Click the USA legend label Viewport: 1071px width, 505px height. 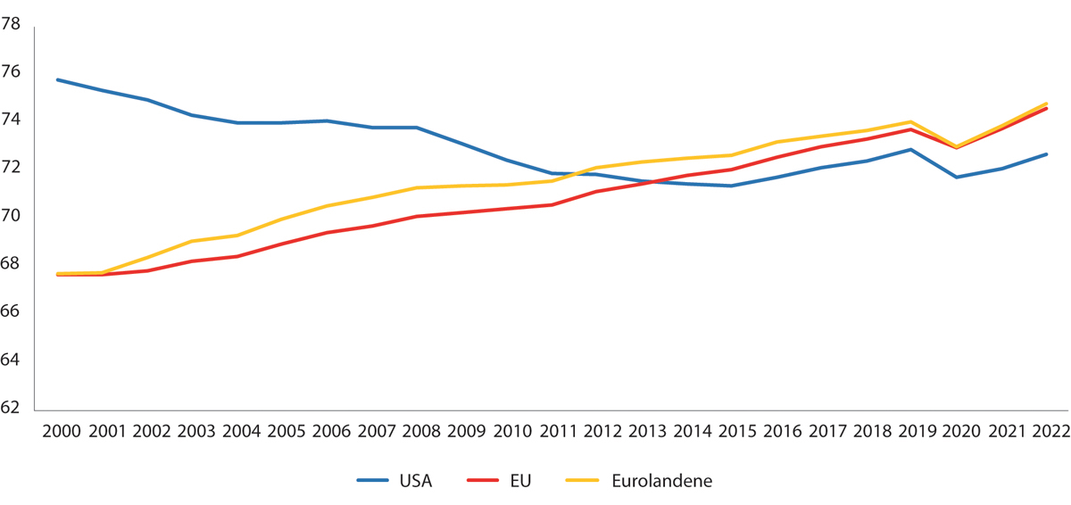(415, 481)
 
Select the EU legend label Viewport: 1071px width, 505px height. (519, 481)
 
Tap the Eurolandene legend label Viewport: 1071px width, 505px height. (662, 481)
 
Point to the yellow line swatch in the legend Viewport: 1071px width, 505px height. (584, 481)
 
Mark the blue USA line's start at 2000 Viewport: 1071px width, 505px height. (58, 79)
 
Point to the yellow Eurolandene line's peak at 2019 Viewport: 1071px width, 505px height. (910, 121)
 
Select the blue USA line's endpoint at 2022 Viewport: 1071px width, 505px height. (1046, 154)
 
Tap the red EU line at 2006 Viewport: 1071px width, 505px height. (328, 233)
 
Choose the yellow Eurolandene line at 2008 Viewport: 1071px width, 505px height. (417, 187)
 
